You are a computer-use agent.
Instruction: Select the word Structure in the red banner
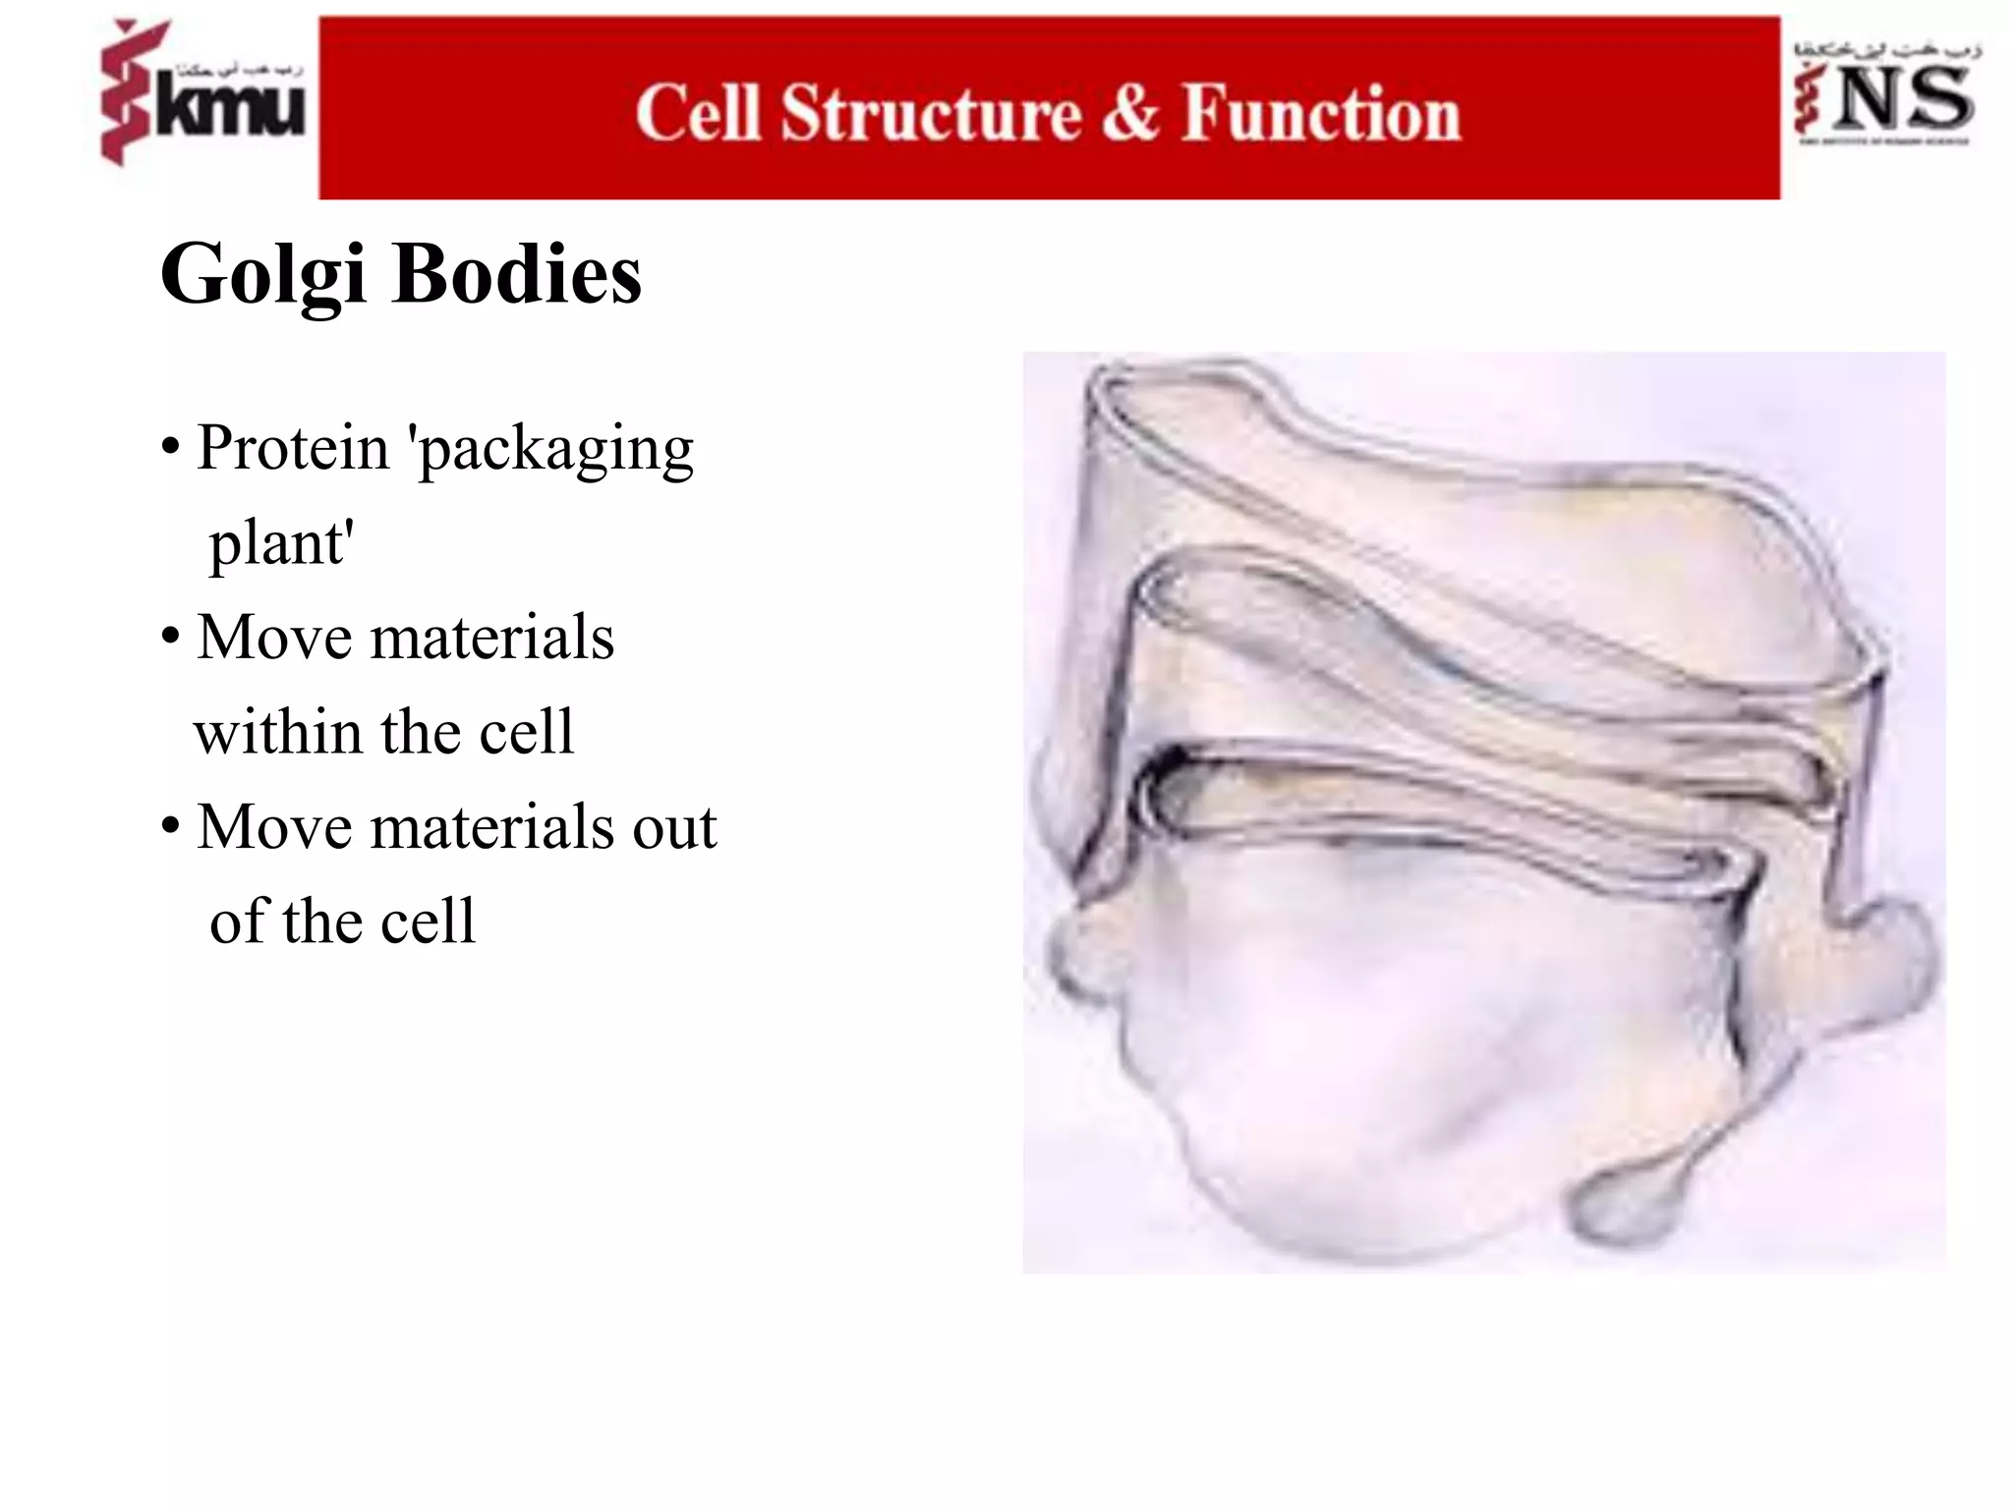coord(931,114)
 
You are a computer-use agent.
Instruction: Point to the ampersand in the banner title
coord(1130,112)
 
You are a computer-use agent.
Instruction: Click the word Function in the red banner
coord(1321,114)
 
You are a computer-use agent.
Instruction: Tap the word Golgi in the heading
coord(262,276)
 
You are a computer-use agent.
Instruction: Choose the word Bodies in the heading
coord(517,274)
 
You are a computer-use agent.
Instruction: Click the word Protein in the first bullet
coord(293,448)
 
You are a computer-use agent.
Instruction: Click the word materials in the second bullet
coord(491,638)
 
